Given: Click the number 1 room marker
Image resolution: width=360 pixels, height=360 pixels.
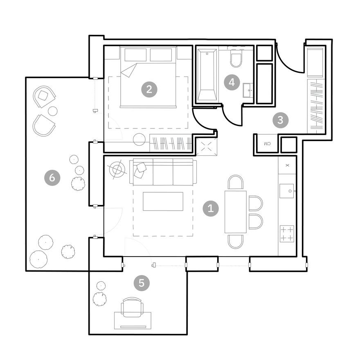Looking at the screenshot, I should [211, 209].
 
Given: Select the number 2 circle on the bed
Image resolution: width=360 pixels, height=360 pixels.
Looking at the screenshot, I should [149, 89].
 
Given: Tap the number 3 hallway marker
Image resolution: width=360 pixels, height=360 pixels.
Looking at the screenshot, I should [280, 120].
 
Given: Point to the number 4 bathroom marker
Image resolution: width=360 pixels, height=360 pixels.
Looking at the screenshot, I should [232, 82].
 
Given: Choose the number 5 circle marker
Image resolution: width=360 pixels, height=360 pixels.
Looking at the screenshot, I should [142, 283].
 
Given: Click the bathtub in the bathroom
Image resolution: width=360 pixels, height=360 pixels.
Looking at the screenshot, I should [207, 74].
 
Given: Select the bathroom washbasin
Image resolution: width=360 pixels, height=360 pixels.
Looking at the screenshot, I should [248, 90].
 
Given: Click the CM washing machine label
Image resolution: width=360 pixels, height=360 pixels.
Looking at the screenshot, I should [267, 144].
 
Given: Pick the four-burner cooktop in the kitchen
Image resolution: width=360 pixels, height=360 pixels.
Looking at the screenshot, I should [287, 234].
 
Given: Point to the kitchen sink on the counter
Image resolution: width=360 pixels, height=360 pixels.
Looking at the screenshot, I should [287, 191].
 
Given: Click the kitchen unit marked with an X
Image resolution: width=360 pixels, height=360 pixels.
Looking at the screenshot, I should [287, 165].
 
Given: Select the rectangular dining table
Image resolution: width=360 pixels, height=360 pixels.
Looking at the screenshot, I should [236, 211].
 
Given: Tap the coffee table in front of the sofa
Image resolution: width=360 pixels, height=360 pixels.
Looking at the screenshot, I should [163, 201].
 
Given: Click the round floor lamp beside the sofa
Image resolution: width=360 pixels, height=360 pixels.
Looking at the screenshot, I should [118, 169].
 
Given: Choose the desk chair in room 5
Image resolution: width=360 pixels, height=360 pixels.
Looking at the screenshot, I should [133, 306].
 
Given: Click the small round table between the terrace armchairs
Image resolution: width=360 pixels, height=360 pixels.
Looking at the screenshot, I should [53, 111].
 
